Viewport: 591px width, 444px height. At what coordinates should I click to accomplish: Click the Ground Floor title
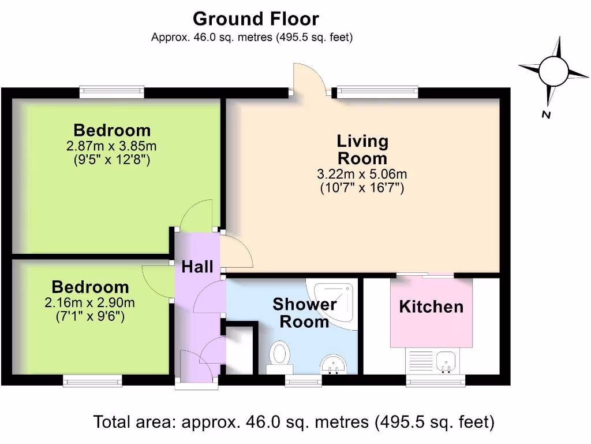(x=256, y=19)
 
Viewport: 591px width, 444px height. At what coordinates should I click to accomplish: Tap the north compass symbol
(x=553, y=72)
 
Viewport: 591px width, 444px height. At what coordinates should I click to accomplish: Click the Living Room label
(x=362, y=149)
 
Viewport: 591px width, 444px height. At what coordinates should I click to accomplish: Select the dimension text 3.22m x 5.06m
(x=362, y=173)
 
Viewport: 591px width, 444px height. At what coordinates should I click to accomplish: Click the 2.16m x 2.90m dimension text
(x=90, y=302)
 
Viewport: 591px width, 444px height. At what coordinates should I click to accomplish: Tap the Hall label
(x=197, y=267)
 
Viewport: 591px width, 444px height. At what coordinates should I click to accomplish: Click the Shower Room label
(x=304, y=312)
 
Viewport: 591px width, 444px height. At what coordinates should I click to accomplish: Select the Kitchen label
(x=431, y=306)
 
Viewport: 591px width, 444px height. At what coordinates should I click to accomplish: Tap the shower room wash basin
(x=333, y=364)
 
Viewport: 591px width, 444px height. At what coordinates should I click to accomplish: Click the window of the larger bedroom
(x=112, y=91)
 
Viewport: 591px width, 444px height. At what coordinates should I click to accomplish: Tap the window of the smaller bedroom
(x=92, y=380)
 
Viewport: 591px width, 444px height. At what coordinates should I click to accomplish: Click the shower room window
(x=304, y=380)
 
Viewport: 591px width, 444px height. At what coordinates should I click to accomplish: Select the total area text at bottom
(x=294, y=421)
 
